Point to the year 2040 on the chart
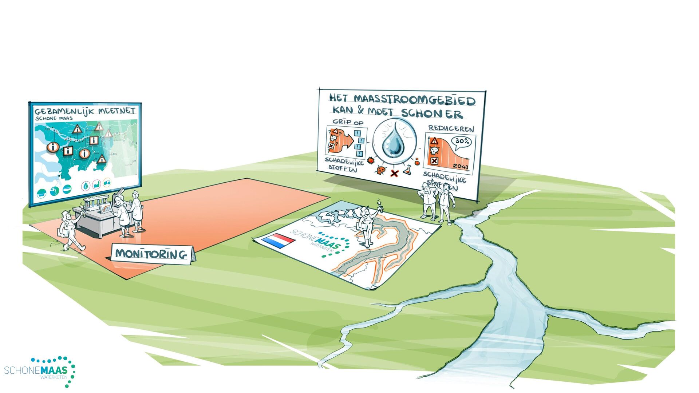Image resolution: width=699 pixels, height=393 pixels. (x=461, y=167)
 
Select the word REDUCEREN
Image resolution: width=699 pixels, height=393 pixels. (x=451, y=128)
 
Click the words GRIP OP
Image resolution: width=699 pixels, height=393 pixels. (x=348, y=122)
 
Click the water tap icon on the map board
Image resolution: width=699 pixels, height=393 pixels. (x=55, y=191)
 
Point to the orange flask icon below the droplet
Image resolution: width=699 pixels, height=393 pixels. (x=407, y=170)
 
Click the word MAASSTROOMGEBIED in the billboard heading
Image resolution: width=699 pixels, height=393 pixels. (x=414, y=99)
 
